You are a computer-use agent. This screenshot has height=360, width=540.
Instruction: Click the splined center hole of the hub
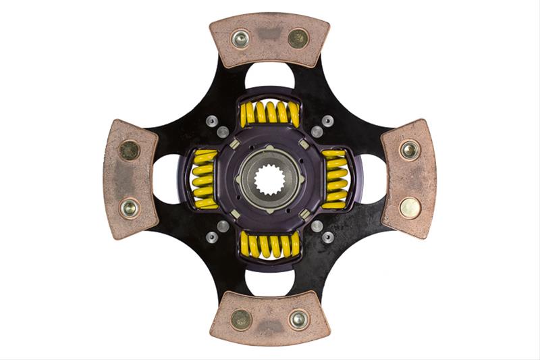point(270,180)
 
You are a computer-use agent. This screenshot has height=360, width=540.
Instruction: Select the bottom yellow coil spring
point(269,245)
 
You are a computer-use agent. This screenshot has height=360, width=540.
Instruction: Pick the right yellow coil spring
point(335,178)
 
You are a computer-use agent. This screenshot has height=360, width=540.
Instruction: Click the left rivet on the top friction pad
point(240,38)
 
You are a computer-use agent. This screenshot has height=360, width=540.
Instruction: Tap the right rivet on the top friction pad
point(298,38)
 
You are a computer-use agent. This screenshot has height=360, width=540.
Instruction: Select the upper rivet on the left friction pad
point(129,149)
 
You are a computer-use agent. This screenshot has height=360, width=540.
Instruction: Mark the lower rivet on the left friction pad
point(129,207)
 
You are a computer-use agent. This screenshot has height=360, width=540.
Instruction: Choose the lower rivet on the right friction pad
point(410,207)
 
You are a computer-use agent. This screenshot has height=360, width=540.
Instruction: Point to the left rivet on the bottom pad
point(240,319)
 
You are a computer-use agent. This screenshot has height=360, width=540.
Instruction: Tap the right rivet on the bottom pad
point(298,319)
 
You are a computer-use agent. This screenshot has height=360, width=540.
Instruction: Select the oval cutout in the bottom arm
point(269,284)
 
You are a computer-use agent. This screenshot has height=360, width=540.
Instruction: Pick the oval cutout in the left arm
point(166,180)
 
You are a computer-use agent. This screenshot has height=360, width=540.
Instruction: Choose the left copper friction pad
point(130,178)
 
